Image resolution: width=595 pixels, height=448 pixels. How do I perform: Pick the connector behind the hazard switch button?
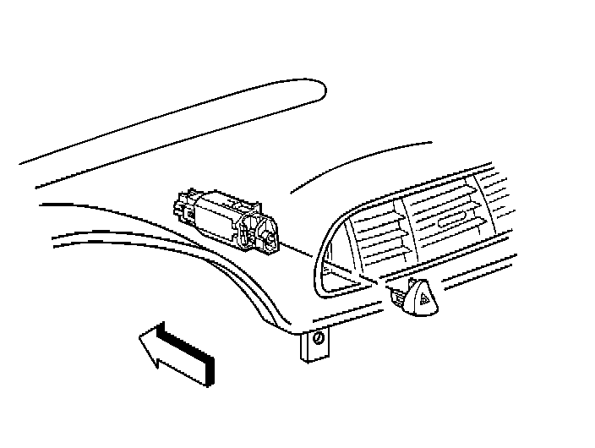coord(398,296)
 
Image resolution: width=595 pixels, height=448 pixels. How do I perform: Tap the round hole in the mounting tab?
coord(317,339)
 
